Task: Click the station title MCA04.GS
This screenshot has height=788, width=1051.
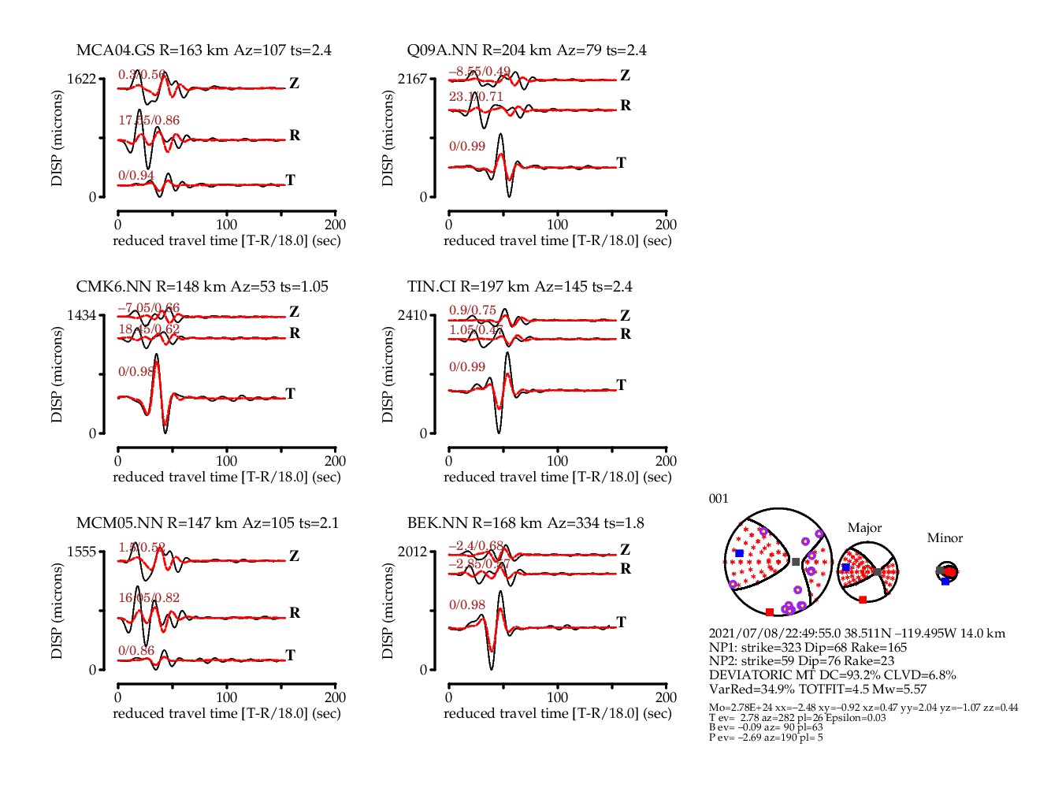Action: tap(115, 50)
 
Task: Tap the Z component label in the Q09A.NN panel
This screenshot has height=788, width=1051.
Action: tap(625, 76)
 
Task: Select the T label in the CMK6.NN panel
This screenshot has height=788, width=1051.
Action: tap(291, 393)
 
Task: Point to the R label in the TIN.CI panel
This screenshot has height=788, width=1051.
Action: tap(626, 334)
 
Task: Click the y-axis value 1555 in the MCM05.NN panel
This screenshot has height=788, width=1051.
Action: tap(81, 552)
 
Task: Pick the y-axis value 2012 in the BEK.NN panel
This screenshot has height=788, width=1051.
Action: tap(412, 552)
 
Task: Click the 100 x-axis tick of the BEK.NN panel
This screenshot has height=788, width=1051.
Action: tap(557, 697)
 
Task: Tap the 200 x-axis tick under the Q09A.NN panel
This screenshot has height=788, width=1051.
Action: tap(666, 225)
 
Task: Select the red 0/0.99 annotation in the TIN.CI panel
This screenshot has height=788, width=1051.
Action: tap(467, 367)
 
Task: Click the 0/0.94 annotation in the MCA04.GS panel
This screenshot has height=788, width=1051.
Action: tap(136, 175)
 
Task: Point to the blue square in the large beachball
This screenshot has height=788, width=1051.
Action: tap(739, 554)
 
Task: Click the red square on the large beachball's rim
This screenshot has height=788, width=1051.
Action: tap(770, 612)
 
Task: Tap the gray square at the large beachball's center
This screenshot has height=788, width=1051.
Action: tap(796, 562)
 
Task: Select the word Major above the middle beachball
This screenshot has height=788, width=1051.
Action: tap(864, 528)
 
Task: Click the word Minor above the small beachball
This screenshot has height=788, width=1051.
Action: tap(945, 538)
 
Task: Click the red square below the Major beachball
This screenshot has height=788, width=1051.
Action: tap(863, 600)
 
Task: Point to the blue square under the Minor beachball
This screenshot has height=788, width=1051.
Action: tap(945, 582)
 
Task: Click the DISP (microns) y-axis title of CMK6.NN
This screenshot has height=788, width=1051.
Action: tap(57, 375)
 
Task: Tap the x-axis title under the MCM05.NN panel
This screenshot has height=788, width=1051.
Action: tap(227, 714)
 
